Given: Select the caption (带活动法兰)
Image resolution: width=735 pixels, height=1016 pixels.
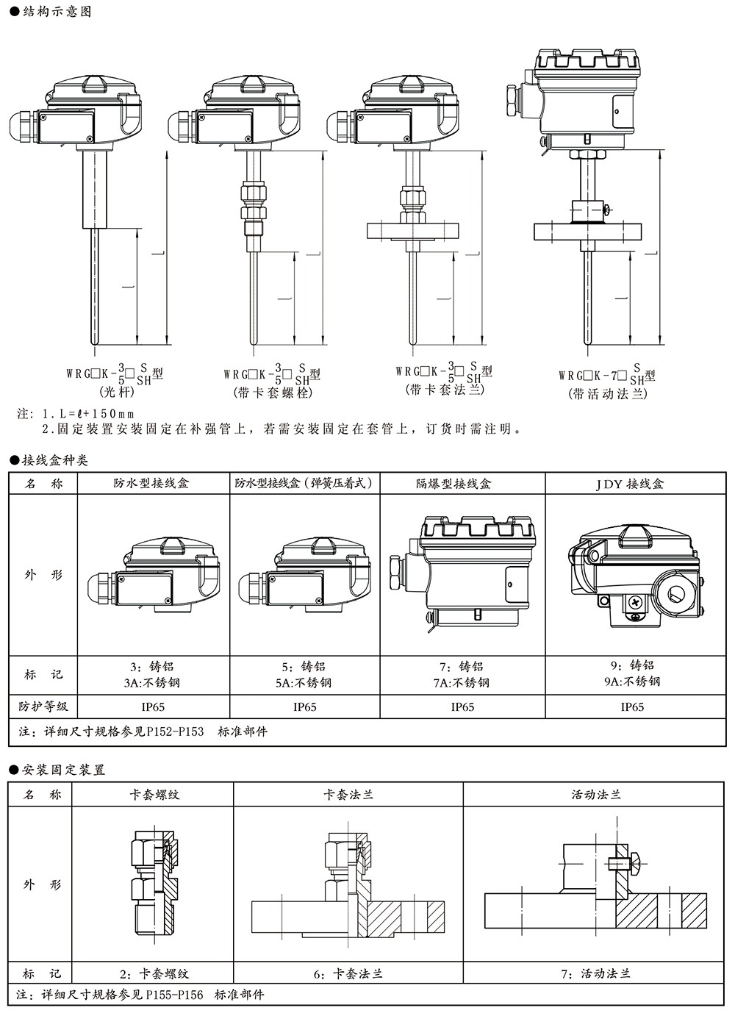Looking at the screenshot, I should pyautogui.click(x=607, y=394).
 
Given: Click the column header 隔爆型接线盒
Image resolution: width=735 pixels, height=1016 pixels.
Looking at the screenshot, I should pyautogui.click(x=462, y=483).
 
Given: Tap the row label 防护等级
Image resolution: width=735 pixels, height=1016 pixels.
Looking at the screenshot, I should pyautogui.click(x=43, y=706).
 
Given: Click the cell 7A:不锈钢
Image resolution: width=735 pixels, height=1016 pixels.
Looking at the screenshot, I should pyautogui.click(x=462, y=682).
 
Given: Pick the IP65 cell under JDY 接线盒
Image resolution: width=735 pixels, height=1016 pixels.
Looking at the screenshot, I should pyautogui.click(x=632, y=706).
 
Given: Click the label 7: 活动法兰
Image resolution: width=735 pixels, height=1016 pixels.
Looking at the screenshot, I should pyautogui.click(x=595, y=973).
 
